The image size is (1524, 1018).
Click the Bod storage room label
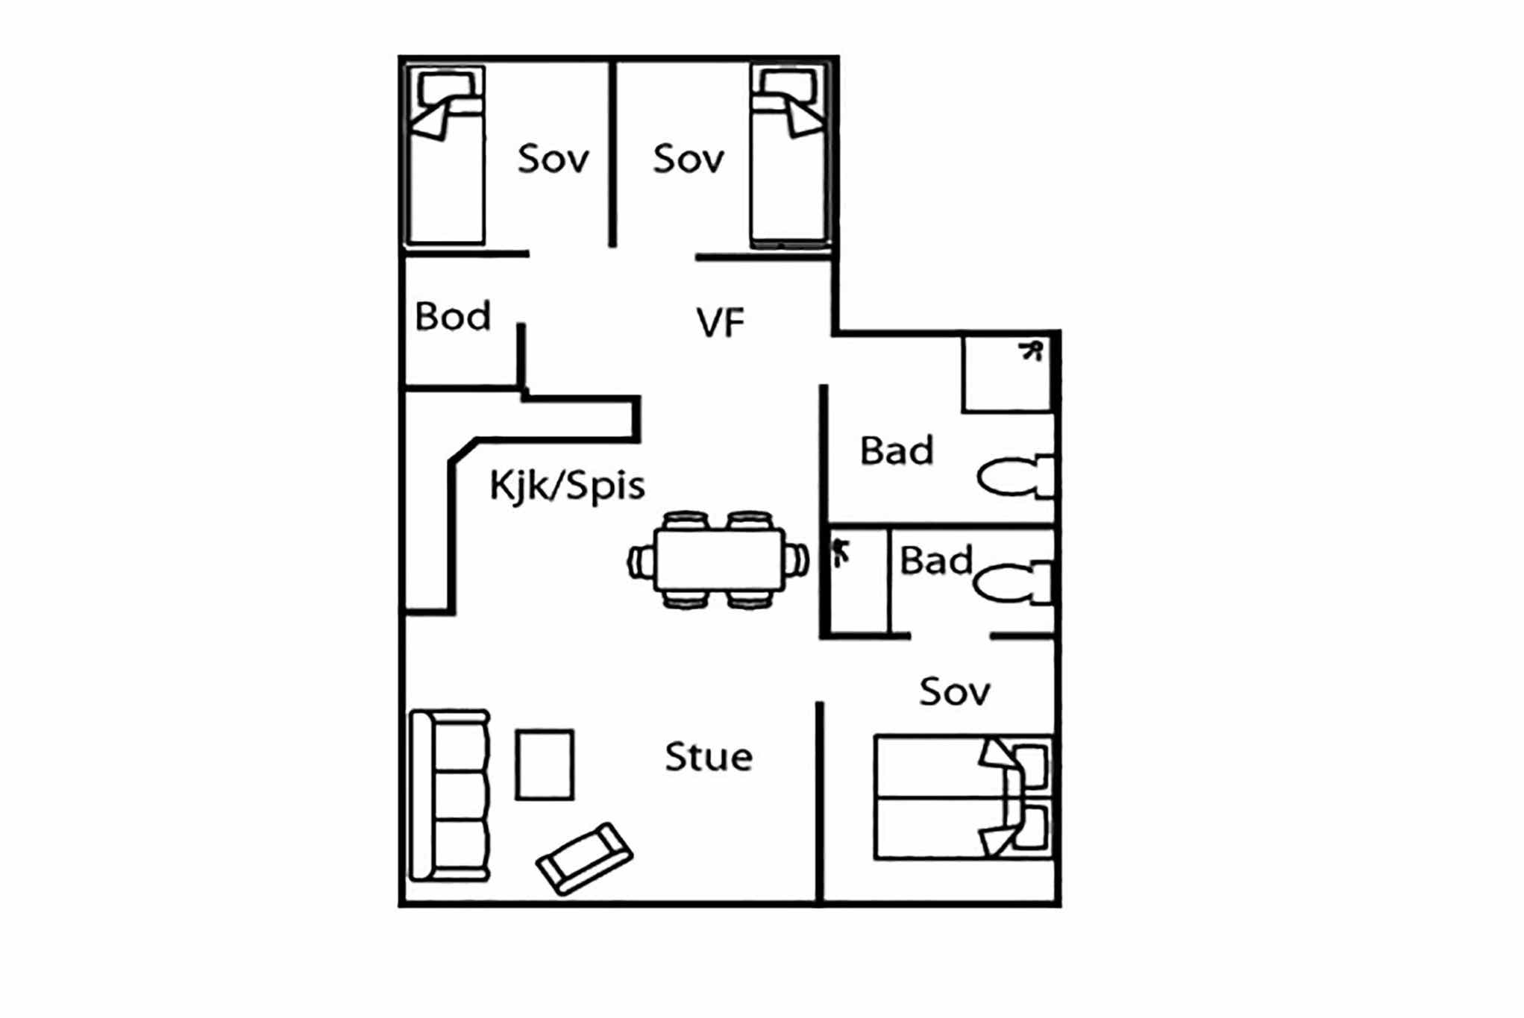[453, 316]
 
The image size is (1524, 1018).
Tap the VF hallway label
[721, 323]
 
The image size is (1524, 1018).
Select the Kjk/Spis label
[567, 486]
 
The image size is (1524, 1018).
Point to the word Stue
[709, 757]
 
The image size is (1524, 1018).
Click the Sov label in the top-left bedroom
[554, 159]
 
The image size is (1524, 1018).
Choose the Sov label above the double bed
[955, 692]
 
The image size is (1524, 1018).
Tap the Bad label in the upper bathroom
[897, 450]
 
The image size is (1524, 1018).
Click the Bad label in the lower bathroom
[936, 561]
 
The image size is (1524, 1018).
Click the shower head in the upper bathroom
[1031, 351]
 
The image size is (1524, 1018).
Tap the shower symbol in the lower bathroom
[841, 553]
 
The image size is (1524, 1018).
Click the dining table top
[719, 560]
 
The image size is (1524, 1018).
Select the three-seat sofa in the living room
[450, 796]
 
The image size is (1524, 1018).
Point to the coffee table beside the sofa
[545, 764]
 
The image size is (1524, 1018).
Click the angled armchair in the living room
[585, 858]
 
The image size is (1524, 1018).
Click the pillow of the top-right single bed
[788, 87]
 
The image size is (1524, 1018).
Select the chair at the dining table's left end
[642, 561]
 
